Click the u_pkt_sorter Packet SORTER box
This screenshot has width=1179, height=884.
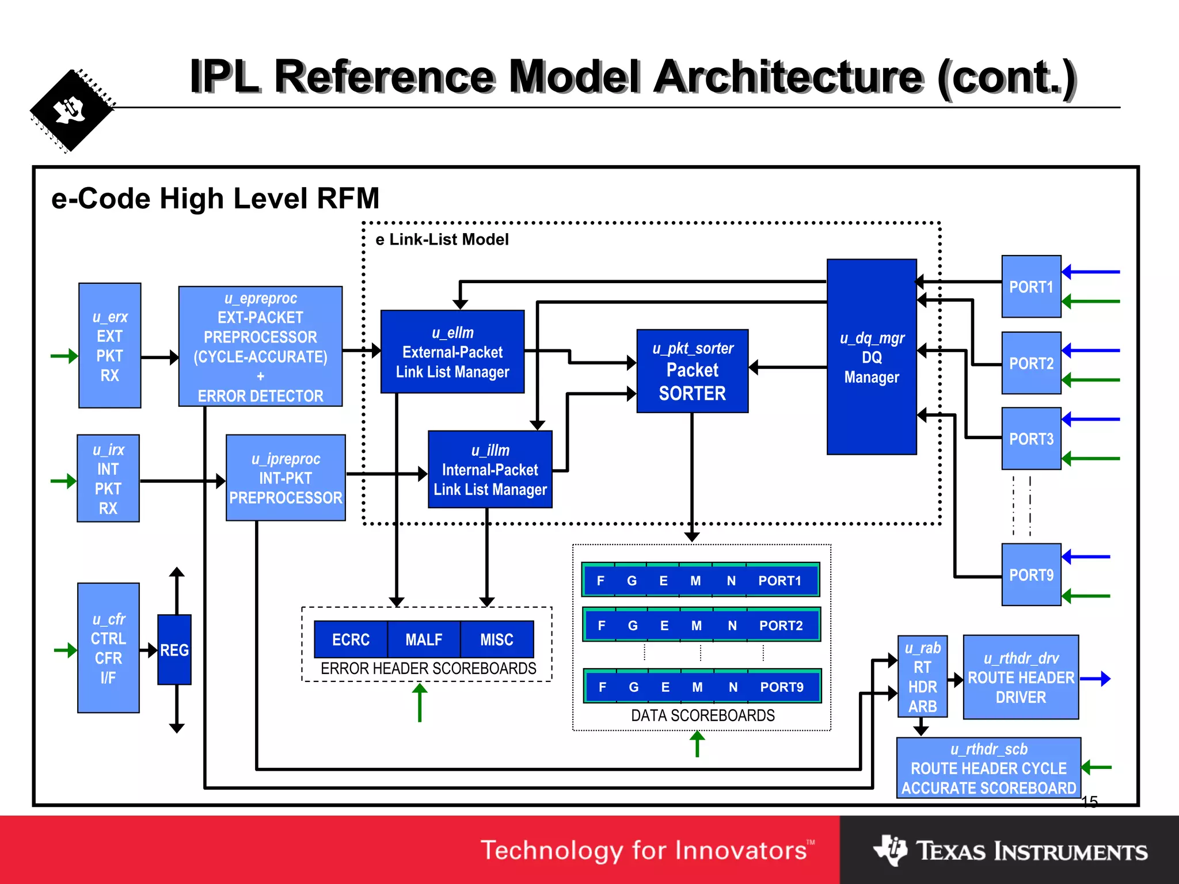point(692,371)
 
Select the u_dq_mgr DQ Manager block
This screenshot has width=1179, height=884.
point(871,357)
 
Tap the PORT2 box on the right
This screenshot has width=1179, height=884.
point(1030,363)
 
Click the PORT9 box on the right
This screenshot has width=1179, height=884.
point(1030,574)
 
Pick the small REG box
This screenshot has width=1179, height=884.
point(174,650)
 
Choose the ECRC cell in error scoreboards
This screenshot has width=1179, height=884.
point(351,639)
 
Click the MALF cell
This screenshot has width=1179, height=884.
point(424,639)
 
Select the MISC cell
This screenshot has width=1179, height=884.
point(497,639)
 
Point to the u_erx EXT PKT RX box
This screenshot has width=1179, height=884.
point(109,345)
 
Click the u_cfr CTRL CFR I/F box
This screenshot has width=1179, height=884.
point(108,648)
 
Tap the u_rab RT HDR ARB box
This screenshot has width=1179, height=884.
point(922,677)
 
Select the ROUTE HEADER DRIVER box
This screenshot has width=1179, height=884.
point(1021,677)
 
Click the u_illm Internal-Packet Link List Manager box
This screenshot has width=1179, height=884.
point(490,470)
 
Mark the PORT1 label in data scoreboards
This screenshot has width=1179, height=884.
point(779,581)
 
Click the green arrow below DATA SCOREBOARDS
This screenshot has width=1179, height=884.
point(697,744)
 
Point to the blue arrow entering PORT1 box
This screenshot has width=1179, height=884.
point(1091,272)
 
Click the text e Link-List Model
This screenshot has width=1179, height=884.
point(442,239)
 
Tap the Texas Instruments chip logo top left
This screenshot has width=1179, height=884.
point(71,110)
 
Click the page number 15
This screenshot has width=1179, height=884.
point(1089,801)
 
